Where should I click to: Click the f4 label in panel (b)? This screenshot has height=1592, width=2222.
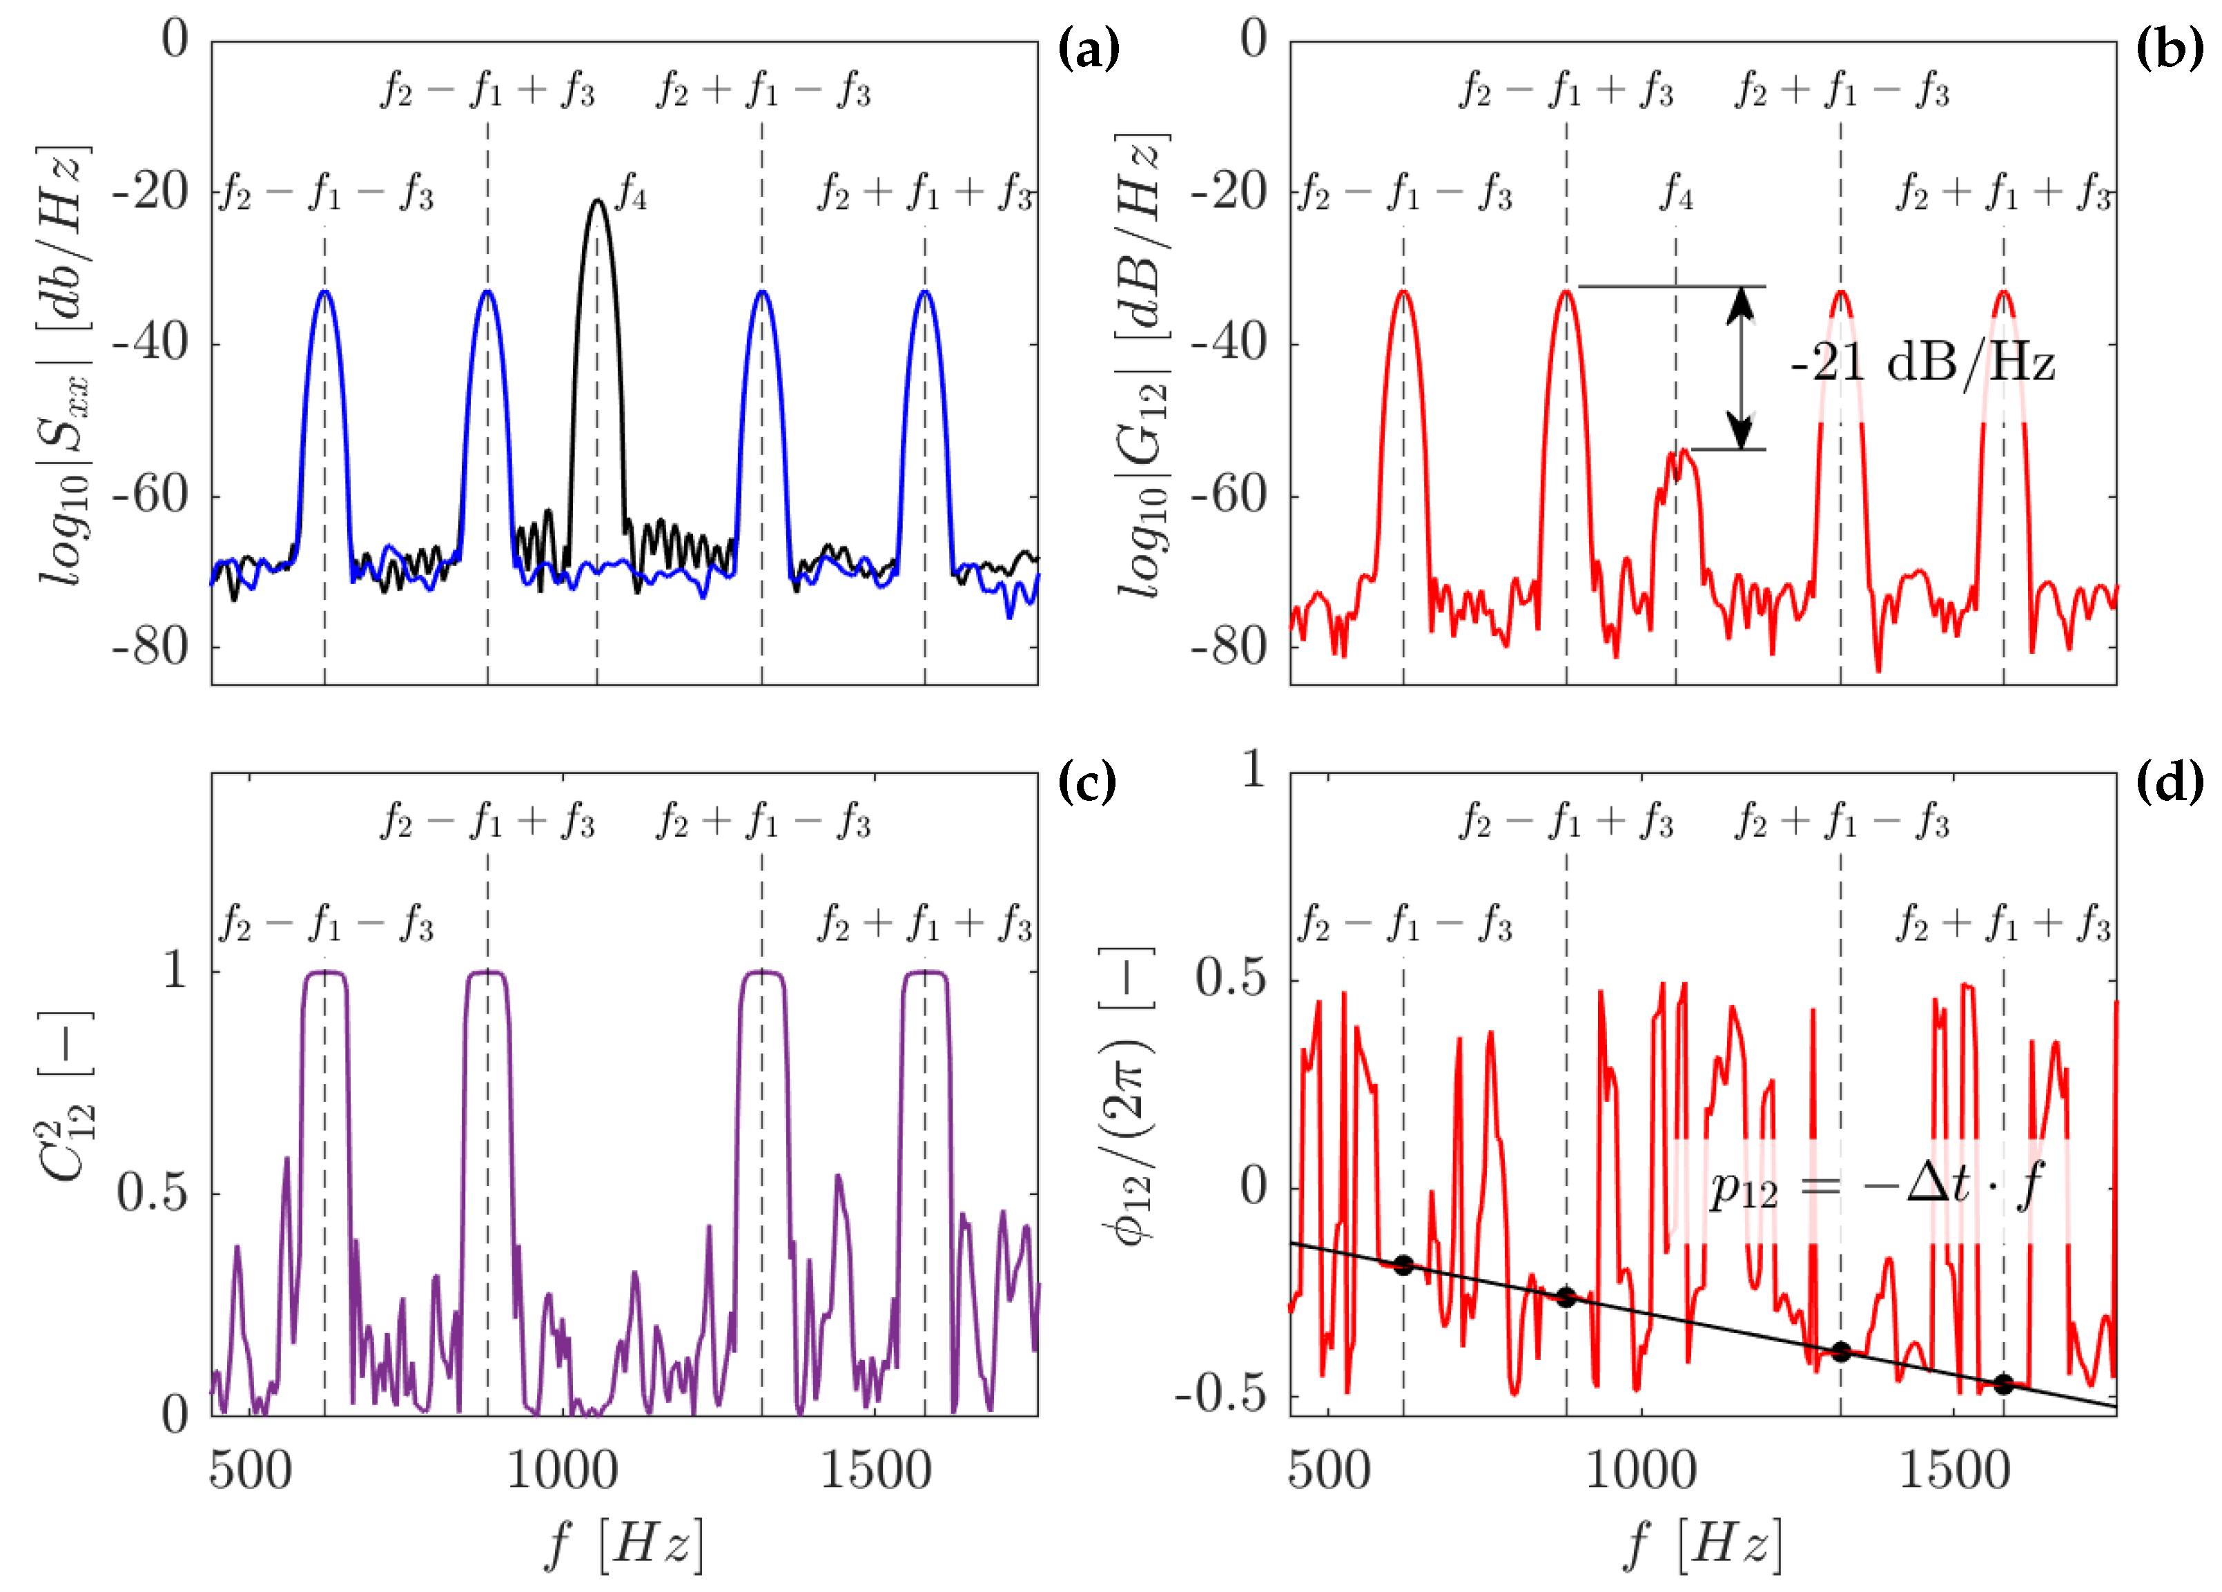tap(1675, 193)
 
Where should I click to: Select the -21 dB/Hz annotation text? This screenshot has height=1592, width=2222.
tap(1922, 362)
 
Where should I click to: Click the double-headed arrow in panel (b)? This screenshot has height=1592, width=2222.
tap(1740, 367)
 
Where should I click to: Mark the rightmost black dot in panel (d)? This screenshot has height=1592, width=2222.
tap(2003, 1384)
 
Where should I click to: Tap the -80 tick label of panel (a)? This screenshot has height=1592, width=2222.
tap(150, 647)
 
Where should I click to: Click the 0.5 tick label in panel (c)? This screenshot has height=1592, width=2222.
tap(152, 1192)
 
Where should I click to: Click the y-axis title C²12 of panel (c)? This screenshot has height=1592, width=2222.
tap(67, 1097)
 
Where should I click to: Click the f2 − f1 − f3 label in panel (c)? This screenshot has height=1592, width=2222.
tap(327, 924)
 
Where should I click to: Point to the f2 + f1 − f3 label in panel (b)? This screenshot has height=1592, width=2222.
tap(1842, 90)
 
